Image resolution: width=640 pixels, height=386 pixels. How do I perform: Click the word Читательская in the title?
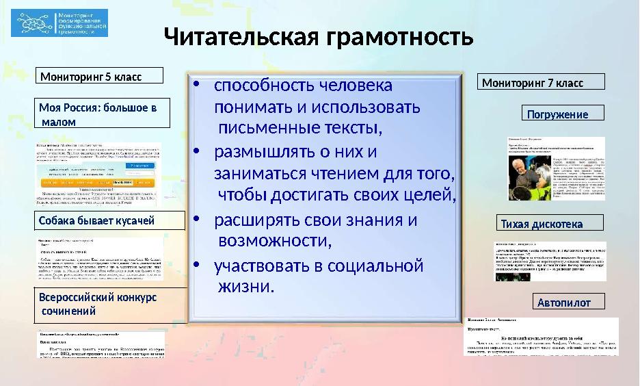click(243, 36)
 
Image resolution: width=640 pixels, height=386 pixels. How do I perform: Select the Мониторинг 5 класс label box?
click(100, 76)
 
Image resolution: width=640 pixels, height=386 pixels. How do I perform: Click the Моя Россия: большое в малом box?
click(103, 114)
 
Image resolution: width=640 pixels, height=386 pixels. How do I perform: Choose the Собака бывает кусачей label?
click(110, 220)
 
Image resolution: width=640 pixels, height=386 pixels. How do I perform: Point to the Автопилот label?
click(567, 302)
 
